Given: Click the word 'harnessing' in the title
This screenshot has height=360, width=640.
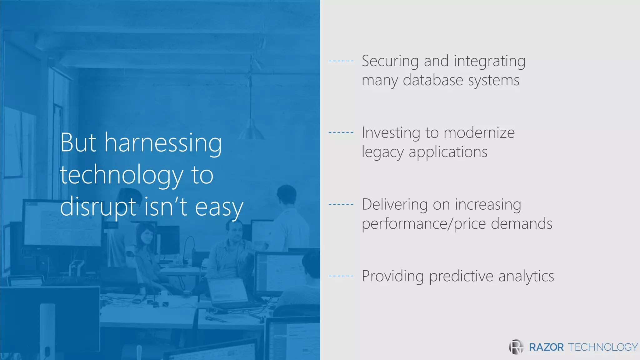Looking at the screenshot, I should point(163,143).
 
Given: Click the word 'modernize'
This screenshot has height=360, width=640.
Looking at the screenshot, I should point(479,133).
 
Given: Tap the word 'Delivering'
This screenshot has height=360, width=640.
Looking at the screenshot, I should point(395,205).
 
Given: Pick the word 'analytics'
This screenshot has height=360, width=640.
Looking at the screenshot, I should point(526,277).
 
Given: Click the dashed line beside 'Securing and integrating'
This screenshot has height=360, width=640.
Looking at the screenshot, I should point(341,61).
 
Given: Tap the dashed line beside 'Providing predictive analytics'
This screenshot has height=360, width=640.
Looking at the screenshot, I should point(341,276).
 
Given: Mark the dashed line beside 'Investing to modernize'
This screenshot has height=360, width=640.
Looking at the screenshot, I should point(341,132).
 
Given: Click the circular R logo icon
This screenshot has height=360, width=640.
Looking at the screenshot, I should point(516,347).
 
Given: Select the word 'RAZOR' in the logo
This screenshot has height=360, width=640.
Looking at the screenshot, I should point(546,347).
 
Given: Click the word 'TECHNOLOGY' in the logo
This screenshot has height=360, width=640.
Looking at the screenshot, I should point(602,347).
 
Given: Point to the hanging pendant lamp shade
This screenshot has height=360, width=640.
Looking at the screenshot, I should point(251,131).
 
